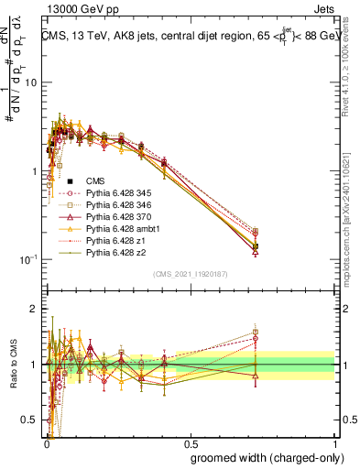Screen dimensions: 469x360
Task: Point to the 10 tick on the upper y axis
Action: (31, 82)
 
